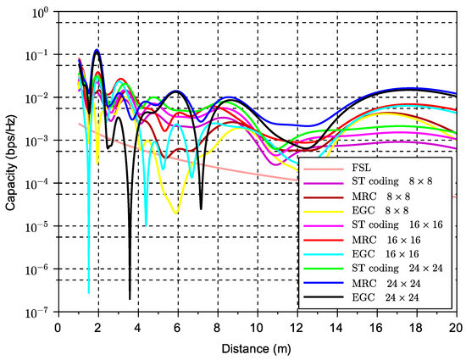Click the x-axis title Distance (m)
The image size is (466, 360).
pos(257,350)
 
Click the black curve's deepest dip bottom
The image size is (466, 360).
pos(130,298)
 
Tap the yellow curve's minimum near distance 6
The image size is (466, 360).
pos(176,213)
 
